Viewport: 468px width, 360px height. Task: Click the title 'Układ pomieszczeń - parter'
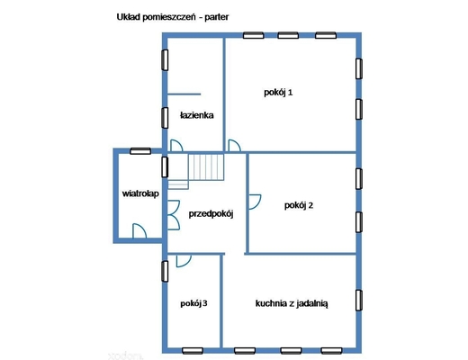click(173, 17)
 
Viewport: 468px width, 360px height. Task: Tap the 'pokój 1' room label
click(278, 93)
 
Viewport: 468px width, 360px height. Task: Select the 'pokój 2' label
click(299, 205)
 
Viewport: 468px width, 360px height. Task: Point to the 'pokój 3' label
click(193, 303)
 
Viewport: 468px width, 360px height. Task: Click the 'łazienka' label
click(197, 115)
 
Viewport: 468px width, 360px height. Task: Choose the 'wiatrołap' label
click(140, 193)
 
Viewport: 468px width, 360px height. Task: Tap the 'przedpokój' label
click(211, 214)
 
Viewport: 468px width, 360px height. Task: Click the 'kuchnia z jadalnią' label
click(292, 303)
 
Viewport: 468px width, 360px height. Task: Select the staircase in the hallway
click(195, 171)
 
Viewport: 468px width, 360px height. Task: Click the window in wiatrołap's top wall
click(140, 151)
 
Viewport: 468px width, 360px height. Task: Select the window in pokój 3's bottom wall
click(193, 350)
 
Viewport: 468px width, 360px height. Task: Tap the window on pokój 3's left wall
click(165, 271)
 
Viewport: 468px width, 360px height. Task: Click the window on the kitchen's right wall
click(359, 301)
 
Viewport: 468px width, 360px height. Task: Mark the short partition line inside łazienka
click(184, 94)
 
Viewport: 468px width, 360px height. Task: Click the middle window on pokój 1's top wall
click(288, 35)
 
